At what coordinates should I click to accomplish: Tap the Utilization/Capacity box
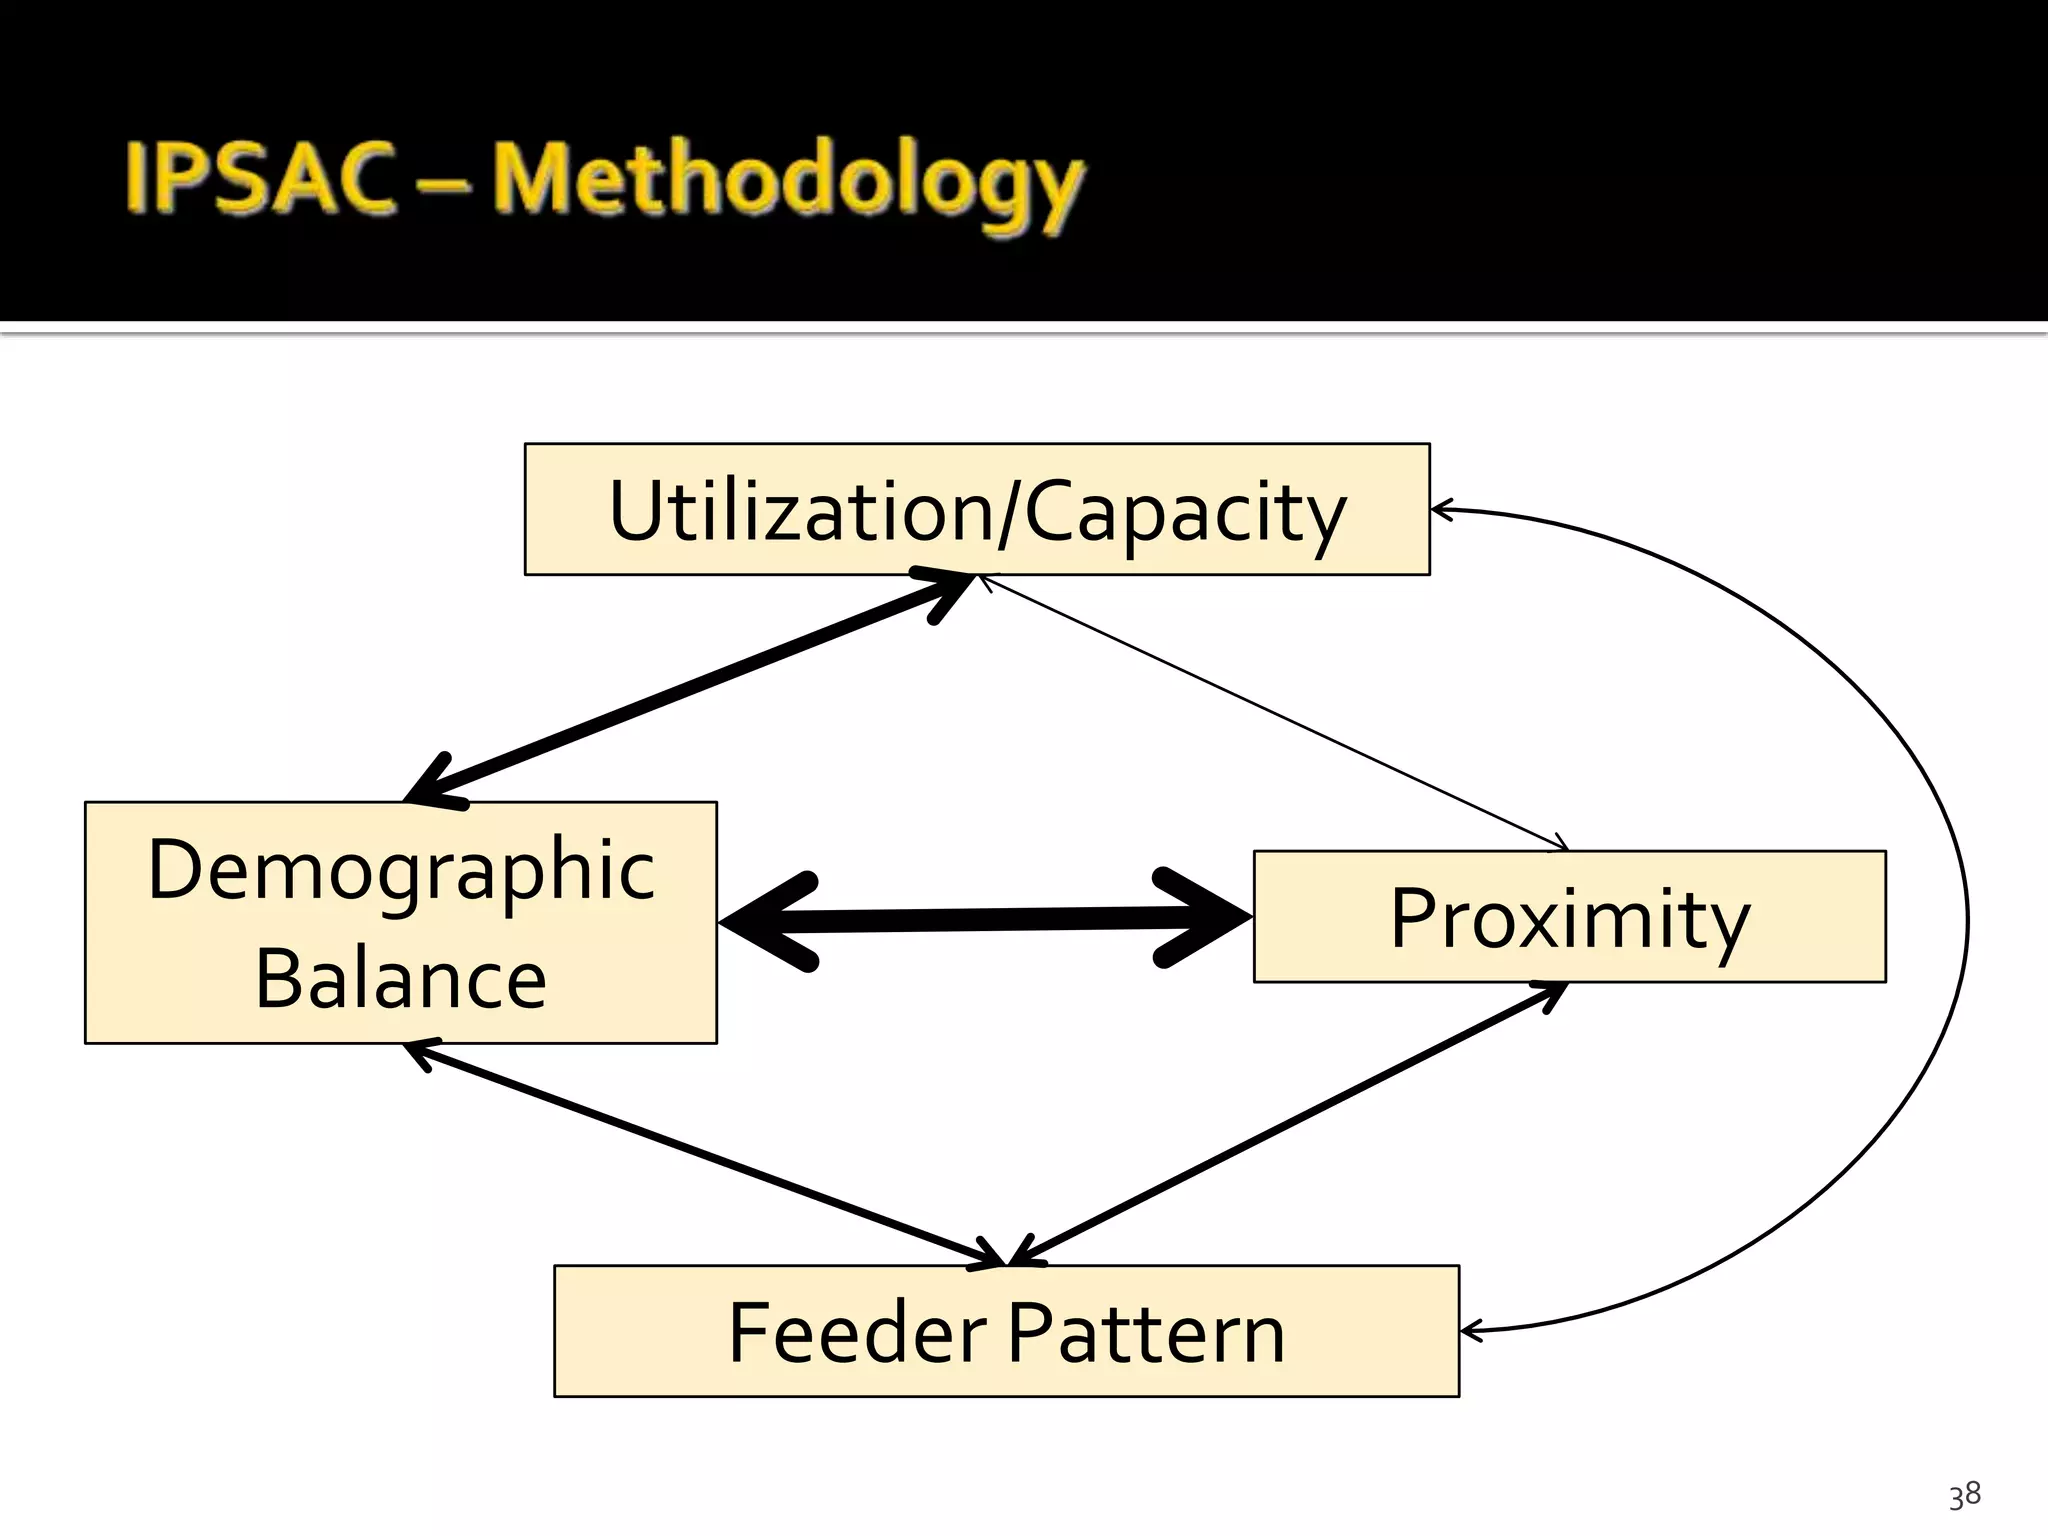tap(976, 509)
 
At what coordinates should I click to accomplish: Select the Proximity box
tap(1569, 917)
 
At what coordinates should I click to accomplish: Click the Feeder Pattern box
tap(1006, 1331)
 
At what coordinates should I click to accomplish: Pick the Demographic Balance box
tap(400, 922)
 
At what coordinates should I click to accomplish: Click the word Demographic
tap(400, 870)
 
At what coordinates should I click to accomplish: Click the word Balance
tap(400, 978)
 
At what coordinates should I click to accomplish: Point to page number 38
tap(1964, 1495)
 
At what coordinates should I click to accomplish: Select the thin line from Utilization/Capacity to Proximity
tap(1275, 712)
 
